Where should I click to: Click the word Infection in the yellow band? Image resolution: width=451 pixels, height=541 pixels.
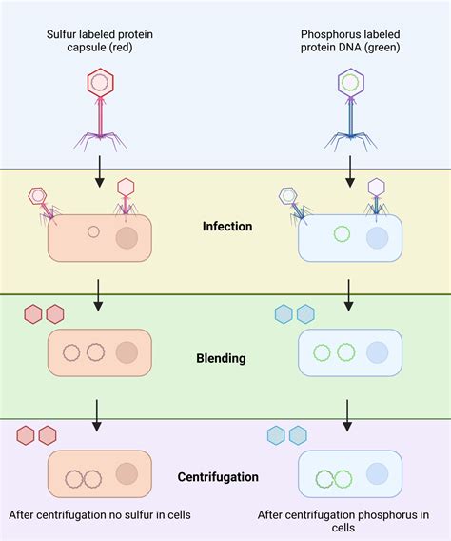pos(227,227)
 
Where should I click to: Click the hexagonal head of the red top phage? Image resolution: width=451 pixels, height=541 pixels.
pos(100,84)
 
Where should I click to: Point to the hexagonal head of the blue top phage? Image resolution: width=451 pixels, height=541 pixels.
pos(351,83)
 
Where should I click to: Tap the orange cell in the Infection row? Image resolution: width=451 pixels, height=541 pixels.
pos(99,237)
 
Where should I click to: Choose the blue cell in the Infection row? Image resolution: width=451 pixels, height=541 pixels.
pos(349,237)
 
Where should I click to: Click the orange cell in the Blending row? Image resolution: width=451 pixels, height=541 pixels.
pos(99,352)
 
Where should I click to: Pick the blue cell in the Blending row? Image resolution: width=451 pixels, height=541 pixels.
pos(349,352)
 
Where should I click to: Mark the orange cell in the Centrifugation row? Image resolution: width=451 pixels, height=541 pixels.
pos(99,474)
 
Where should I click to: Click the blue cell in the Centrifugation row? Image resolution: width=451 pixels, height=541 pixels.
pos(349,474)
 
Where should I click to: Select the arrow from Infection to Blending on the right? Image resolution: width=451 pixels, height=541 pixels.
pos(349,295)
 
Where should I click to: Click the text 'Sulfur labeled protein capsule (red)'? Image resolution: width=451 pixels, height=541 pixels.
pos(100,43)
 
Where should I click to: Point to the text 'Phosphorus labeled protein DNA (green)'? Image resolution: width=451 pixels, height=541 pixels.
pos(351,43)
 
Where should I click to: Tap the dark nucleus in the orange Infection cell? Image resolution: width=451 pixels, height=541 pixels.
pos(127,237)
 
